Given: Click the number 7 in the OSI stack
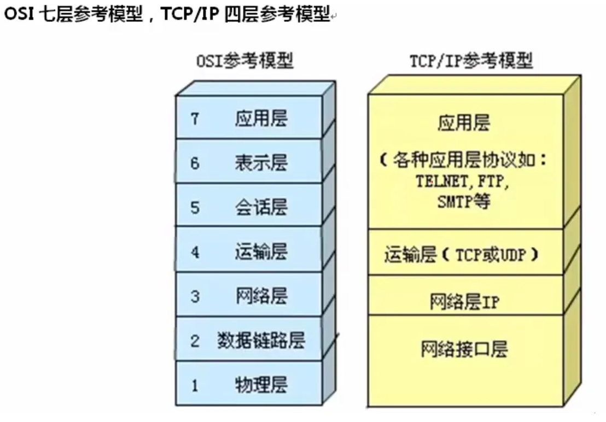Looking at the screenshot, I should pos(195,119).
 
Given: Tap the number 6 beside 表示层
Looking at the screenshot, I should pos(195,163).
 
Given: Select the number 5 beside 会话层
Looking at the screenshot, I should pos(195,208).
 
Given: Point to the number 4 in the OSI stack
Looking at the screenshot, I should pos(195,253).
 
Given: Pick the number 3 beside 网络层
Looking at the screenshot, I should pos(195,297).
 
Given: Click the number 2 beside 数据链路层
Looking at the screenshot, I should pos(195,342).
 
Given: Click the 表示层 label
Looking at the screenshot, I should pos(261,163).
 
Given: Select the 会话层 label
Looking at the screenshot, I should pos(261,208).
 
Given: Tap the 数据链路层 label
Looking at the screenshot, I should pos(260,341).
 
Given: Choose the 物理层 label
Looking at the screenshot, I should pos(261,385).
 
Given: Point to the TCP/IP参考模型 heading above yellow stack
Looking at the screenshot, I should pos(471,61).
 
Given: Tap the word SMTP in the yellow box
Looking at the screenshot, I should pos(452,202).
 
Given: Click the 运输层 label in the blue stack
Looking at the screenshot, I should pos(261,253).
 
